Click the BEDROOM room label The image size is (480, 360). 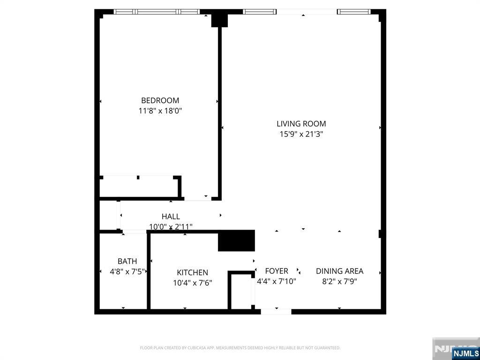click(x=160, y=100)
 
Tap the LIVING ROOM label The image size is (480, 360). click(x=301, y=124)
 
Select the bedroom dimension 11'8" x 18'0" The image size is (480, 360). click(x=160, y=111)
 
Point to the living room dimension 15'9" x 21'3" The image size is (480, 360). click(x=301, y=134)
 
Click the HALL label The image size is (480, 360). click(x=171, y=217)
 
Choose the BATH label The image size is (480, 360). click(x=127, y=261)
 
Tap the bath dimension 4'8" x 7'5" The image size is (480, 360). click(x=127, y=271)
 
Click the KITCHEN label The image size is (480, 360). click(x=192, y=272)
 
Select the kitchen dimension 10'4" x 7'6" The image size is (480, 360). click(x=192, y=283)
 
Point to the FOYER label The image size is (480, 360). click(x=277, y=271)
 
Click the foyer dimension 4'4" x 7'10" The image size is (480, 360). click(x=277, y=281)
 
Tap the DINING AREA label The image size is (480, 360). click(x=339, y=271)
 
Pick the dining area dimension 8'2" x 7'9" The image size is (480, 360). click(x=339, y=281)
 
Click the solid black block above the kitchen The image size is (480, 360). click(x=237, y=240)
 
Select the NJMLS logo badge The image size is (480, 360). click(x=465, y=353)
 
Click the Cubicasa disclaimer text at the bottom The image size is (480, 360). click(x=240, y=348)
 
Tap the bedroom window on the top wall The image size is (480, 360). click(x=157, y=12)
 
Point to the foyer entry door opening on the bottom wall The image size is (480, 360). click(x=276, y=311)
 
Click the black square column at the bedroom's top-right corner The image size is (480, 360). click(x=219, y=20)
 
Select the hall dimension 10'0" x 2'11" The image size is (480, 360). click(x=171, y=227)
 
